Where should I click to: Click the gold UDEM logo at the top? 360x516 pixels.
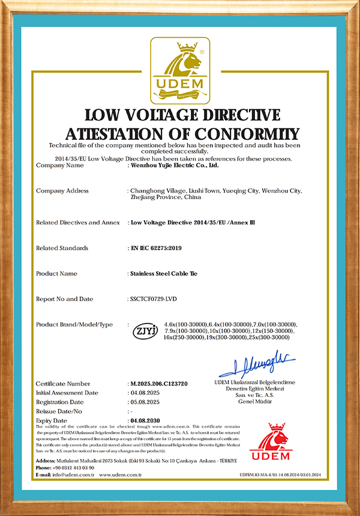point(180,71)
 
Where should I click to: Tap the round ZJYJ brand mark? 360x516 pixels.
point(145,330)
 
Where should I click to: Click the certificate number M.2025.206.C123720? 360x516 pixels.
point(159,383)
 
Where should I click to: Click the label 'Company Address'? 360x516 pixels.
point(62,191)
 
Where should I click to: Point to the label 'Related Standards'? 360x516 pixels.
point(62,248)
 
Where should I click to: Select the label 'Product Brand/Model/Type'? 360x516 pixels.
point(74,325)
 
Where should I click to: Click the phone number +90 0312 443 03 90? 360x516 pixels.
point(73,467)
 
